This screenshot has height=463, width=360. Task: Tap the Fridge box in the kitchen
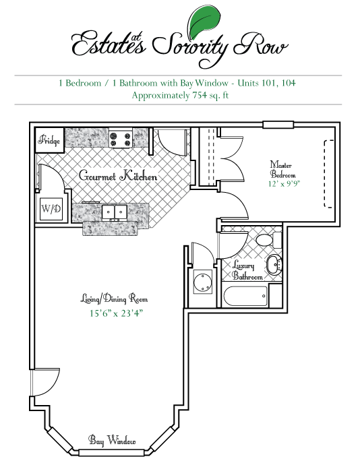tap(50, 140)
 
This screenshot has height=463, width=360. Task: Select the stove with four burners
tap(120, 138)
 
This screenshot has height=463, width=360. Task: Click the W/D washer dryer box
tap(51, 209)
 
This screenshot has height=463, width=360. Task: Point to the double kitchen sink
tap(115, 212)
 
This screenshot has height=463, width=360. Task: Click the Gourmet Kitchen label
tap(118, 176)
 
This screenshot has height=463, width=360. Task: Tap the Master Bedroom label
tap(282, 169)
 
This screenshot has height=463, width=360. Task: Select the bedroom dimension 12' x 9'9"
tap(284, 184)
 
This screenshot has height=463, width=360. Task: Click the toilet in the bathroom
tap(268, 240)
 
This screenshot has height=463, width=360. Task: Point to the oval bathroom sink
tap(274, 264)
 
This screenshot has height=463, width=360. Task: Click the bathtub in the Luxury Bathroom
tap(245, 296)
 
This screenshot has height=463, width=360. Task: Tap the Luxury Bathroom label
tap(247, 270)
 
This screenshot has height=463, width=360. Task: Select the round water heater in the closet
tap(203, 282)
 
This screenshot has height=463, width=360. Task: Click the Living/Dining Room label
tap(114, 299)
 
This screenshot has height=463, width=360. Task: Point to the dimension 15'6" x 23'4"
tap(116, 313)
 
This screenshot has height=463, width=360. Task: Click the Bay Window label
tap(112, 440)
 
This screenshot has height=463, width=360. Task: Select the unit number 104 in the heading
tap(289, 83)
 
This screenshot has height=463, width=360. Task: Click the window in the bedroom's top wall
tap(278, 125)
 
